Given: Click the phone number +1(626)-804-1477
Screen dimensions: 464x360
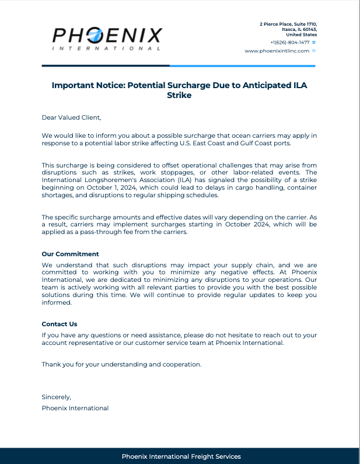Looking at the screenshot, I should click(289, 43).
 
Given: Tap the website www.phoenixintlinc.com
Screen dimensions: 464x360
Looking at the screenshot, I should click(277, 51).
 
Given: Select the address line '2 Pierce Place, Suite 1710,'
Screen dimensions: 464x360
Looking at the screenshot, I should click(288, 23).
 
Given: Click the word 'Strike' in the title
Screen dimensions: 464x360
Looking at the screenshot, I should click(179, 95).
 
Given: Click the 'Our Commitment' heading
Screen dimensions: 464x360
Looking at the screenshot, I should click(70, 254).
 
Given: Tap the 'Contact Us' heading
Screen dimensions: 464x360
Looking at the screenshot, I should click(60, 324).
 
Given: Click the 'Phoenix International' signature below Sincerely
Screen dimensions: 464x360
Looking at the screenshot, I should click(75, 408).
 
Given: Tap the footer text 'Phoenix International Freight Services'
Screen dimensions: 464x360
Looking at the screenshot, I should click(181, 456).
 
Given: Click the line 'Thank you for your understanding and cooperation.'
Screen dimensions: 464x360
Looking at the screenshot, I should click(121, 364).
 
